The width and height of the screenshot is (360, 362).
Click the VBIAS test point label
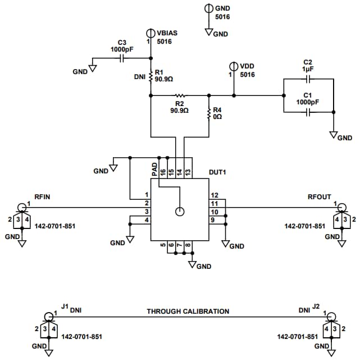pyautogui.click(x=167, y=33)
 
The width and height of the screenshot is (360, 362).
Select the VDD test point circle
pyautogui.click(x=234, y=66)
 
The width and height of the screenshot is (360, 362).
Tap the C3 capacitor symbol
pyautogui.click(x=122, y=58)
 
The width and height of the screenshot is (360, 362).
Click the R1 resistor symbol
pyautogui.click(x=151, y=76)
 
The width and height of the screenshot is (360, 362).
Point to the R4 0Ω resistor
pyautogui.click(x=209, y=113)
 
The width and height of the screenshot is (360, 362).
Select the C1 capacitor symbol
pyautogui.click(x=308, y=112)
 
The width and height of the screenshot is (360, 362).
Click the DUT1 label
pyautogui.click(x=217, y=172)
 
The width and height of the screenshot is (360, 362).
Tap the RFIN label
pyautogui.click(x=42, y=196)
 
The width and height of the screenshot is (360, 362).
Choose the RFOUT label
pyautogui.click(x=320, y=196)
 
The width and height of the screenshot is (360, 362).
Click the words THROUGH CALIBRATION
pyautogui.click(x=188, y=311)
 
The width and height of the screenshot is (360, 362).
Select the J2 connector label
pyautogui.click(x=316, y=307)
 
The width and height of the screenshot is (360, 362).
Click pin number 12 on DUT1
pyautogui.click(x=214, y=195)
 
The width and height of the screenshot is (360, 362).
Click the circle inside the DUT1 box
pyautogui.click(x=179, y=212)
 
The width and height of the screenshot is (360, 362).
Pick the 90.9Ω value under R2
pyautogui.click(x=179, y=111)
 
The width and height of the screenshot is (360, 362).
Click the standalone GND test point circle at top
pyautogui.click(x=208, y=8)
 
